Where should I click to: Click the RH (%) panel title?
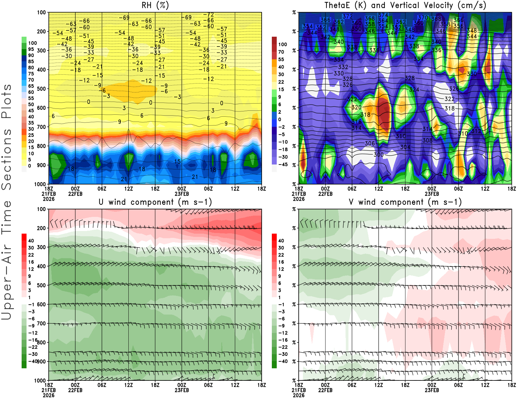point(155,5)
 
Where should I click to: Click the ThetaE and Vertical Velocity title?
point(405,5)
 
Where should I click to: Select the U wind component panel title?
point(155,202)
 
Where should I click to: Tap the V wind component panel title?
point(405,202)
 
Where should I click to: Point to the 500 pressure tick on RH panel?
point(42,89)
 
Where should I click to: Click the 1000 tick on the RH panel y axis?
point(40,184)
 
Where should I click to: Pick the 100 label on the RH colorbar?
point(32,43)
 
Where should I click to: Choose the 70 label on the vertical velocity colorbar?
point(281,52)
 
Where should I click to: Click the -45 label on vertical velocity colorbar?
point(283,164)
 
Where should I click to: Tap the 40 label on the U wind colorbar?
point(31,241)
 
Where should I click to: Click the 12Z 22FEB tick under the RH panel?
point(128,189)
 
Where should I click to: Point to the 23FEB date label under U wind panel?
point(182,390)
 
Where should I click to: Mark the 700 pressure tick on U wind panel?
point(42,323)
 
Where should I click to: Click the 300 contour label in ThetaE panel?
point(378,154)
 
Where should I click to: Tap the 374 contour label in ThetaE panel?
point(383,15)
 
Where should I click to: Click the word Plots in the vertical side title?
point(7,101)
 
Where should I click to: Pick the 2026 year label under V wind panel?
point(299,395)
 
